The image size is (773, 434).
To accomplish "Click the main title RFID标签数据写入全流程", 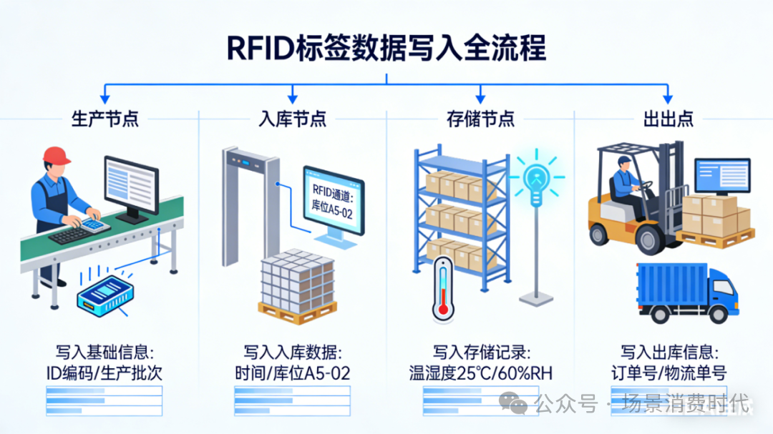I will coord(386,49).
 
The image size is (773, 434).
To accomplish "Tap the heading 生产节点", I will coord(104,119).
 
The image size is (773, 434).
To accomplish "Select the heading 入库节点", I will coord(292,119).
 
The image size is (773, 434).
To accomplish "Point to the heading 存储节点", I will coord(480,119).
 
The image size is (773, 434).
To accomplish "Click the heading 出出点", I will coord(668,119).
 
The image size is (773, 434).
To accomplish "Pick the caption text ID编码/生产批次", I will coord(104,373).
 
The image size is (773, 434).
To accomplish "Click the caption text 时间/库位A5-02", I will coord(292,373).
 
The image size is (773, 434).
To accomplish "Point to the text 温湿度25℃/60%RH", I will coord(480,373).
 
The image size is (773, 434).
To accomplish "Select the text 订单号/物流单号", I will coord(668,373).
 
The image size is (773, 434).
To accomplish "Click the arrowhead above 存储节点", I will coord(480,94).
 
